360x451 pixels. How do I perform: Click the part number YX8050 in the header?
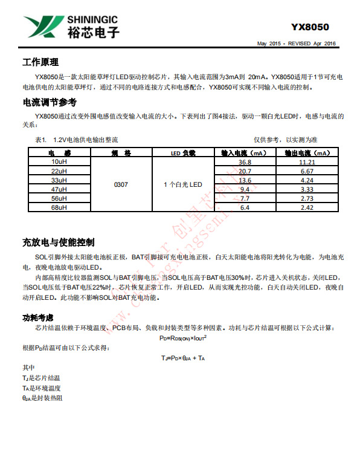pyautogui.click(x=310, y=27)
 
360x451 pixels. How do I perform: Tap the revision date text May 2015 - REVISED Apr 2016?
pyautogui.click(x=296, y=44)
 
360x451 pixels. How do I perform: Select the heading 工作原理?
pyautogui.click(x=40, y=62)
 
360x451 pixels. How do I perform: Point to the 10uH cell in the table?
pyautogui.click(x=59, y=162)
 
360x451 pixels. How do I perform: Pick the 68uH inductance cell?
pyautogui.click(x=59, y=207)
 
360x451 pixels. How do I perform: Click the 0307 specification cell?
pyautogui.click(x=121, y=184)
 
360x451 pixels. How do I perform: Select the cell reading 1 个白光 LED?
pyautogui.click(x=182, y=184)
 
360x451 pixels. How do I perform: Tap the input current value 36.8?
pyautogui.click(x=245, y=162)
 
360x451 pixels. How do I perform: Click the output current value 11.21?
pyautogui.click(x=307, y=162)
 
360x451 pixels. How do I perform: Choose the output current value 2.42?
pyautogui.click(x=307, y=207)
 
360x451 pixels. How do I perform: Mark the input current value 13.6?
pyautogui.click(x=245, y=180)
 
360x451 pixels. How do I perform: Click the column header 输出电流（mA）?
pyautogui.click(x=307, y=153)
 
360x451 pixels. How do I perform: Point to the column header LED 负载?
pyautogui.click(x=182, y=153)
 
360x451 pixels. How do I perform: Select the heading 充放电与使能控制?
pyautogui.click(x=58, y=242)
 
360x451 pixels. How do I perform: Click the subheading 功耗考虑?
pyautogui.click(x=37, y=317)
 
